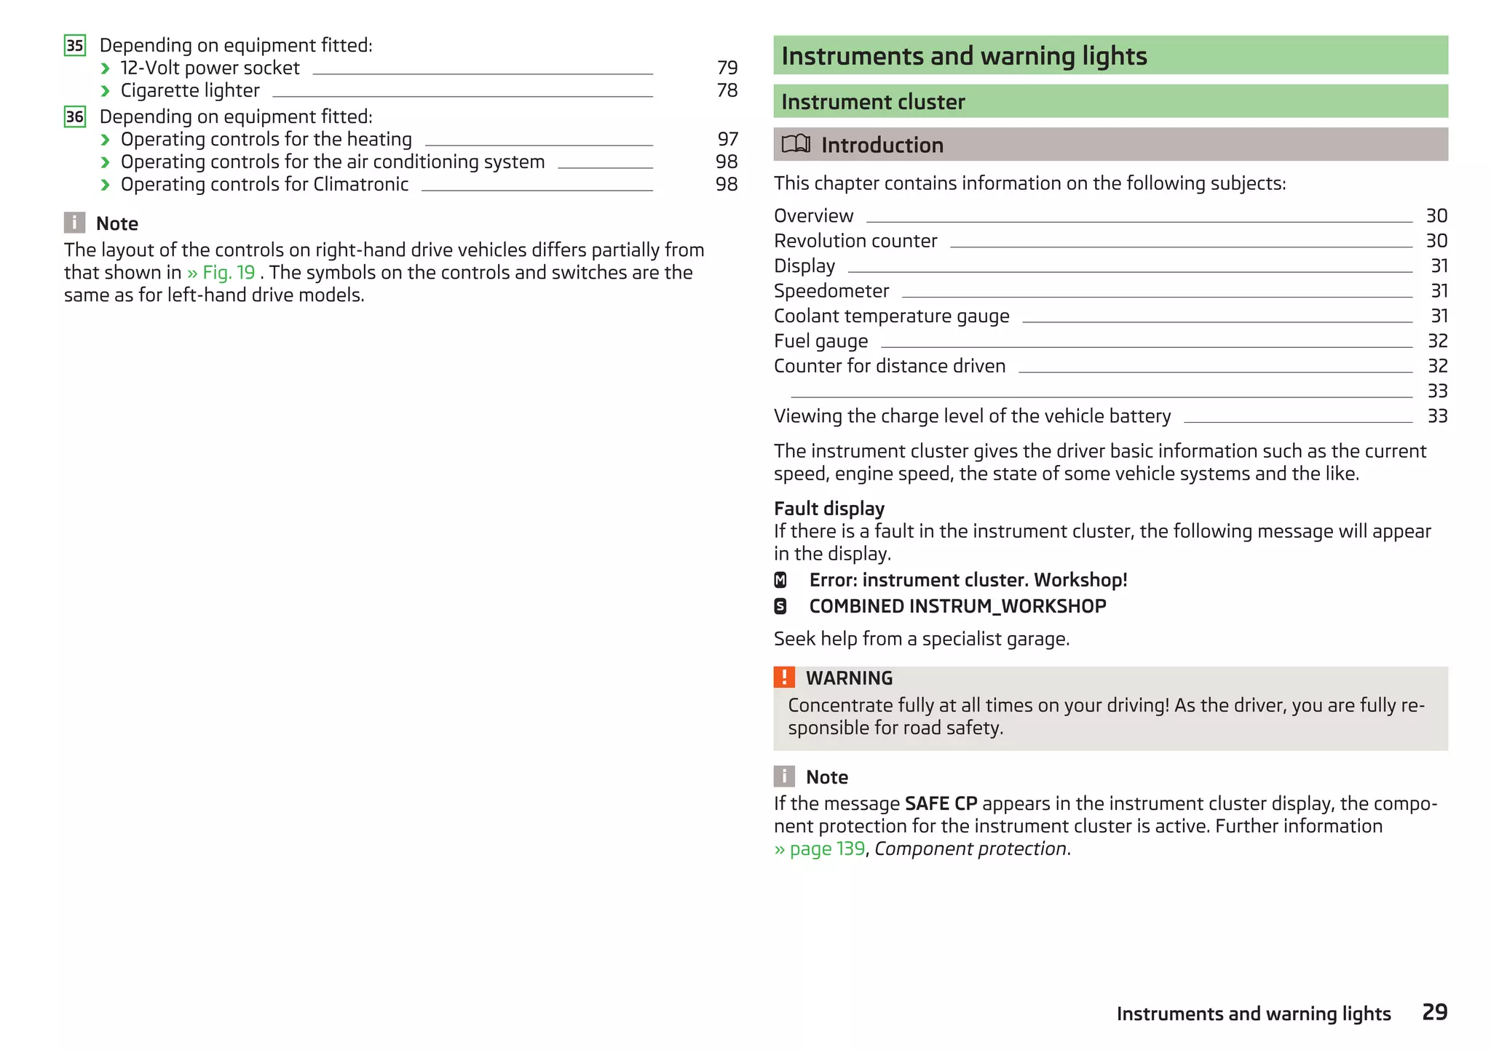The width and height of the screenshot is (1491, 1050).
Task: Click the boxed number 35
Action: [75, 46]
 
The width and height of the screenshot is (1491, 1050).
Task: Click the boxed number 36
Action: [75, 117]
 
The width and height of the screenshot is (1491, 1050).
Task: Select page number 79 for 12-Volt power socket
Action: [727, 68]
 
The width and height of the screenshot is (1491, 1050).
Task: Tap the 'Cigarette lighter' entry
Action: [190, 90]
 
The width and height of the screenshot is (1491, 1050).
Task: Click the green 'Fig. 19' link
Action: [228, 273]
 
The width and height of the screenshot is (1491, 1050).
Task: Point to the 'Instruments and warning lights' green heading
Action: [963, 56]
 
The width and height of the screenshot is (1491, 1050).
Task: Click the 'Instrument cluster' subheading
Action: [872, 102]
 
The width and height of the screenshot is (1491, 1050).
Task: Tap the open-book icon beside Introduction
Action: [795, 144]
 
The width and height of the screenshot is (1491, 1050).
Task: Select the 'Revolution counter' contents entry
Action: [855, 241]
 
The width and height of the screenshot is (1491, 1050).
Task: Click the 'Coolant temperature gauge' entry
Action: [891, 316]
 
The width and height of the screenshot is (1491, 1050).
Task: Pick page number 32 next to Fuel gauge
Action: [1436, 341]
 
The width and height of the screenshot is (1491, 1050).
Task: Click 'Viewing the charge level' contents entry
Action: [972, 416]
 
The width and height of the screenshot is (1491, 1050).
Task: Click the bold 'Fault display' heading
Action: [828, 509]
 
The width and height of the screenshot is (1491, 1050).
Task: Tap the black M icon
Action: [780, 580]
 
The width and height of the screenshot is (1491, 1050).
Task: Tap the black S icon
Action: [780, 606]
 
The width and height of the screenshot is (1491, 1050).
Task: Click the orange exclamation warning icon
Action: [783, 677]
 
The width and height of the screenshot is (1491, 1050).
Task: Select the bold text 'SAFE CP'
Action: [941, 803]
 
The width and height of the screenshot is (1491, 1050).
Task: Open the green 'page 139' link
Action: [826, 849]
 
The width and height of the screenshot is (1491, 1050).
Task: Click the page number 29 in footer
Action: [1434, 1012]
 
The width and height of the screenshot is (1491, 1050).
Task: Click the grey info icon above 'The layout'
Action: [74, 223]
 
